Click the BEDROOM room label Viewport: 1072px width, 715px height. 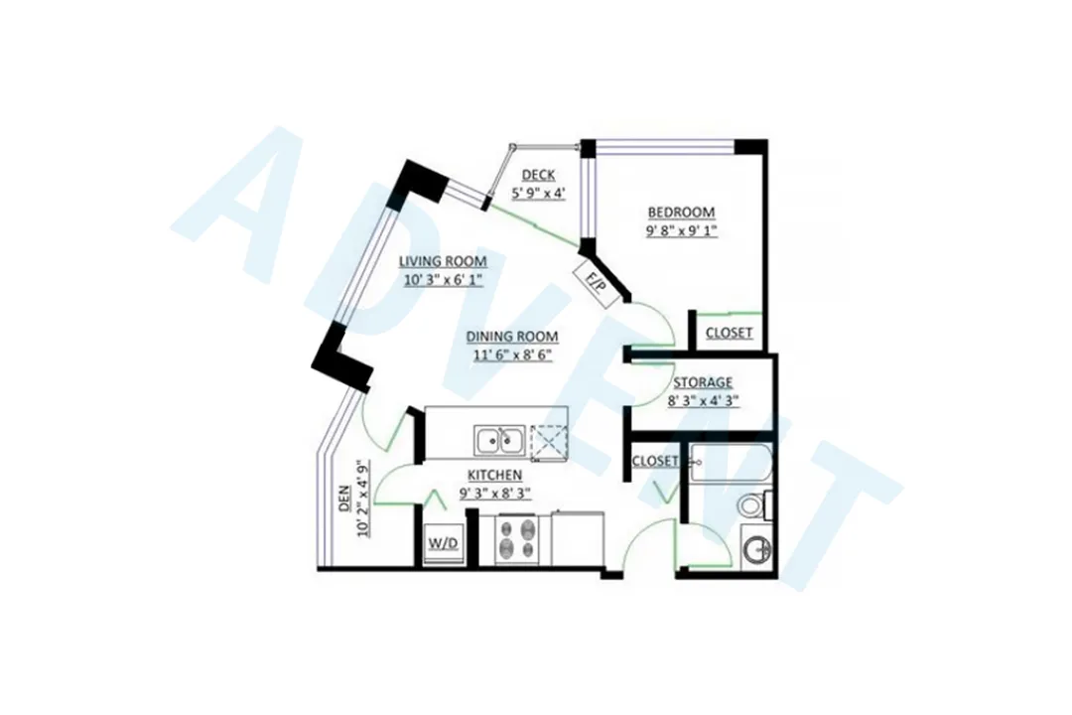click(681, 213)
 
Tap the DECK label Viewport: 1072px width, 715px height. click(538, 176)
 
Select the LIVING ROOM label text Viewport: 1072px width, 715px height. click(443, 261)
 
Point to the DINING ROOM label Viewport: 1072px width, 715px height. click(512, 336)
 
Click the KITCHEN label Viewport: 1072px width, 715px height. click(494, 474)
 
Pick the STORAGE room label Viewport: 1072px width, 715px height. click(703, 382)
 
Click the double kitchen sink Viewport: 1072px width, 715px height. click(500, 438)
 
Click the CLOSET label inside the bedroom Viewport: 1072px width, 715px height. click(729, 334)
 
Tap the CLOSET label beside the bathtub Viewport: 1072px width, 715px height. click(655, 461)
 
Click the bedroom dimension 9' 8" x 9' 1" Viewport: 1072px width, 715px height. click(681, 230)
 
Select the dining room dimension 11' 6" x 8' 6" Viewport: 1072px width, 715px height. click(512, 354)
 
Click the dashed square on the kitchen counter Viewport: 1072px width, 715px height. click(547, 439)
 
